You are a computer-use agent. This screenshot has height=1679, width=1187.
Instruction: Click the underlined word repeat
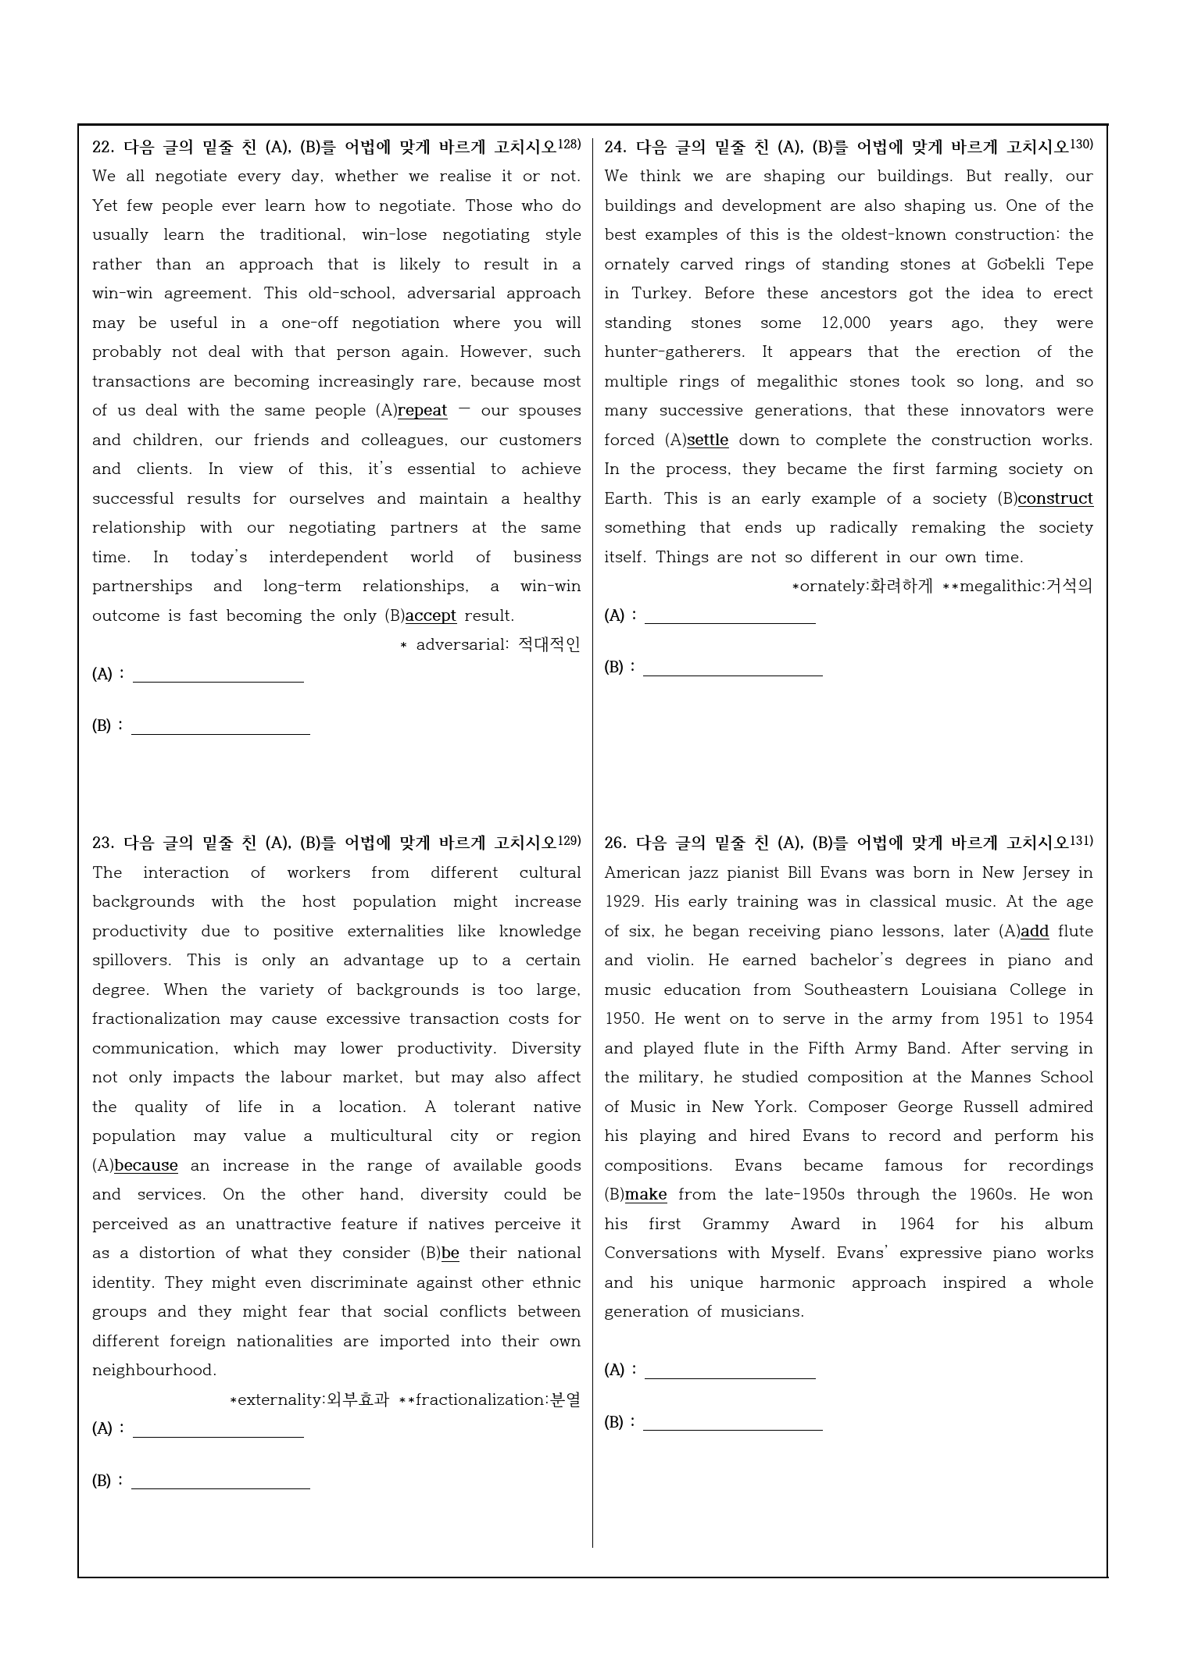(422, 411)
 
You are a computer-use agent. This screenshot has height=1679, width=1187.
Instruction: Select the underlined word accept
(431, 615)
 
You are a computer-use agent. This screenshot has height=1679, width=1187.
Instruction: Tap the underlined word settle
(707, 440)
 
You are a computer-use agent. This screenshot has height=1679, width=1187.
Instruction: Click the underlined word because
(146, 1166)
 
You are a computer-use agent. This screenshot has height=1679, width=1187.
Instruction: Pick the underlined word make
(645, 1195)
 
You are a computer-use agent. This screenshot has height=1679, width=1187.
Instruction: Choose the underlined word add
(1035, 932)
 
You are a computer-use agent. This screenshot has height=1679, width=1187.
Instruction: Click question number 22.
(103, 148)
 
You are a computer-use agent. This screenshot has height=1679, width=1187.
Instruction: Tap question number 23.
(103, 843)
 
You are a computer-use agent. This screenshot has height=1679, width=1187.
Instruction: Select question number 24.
(615, 148)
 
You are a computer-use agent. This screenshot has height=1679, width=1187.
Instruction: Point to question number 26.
(615, 843)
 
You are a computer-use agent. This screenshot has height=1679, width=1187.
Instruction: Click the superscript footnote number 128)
(570, 144)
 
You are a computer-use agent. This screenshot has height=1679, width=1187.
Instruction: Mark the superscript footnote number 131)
(1082, 840)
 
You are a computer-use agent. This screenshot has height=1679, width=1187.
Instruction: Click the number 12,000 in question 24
(846, 323)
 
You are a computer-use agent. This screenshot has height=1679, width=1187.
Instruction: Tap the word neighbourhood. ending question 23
(154, 1371)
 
